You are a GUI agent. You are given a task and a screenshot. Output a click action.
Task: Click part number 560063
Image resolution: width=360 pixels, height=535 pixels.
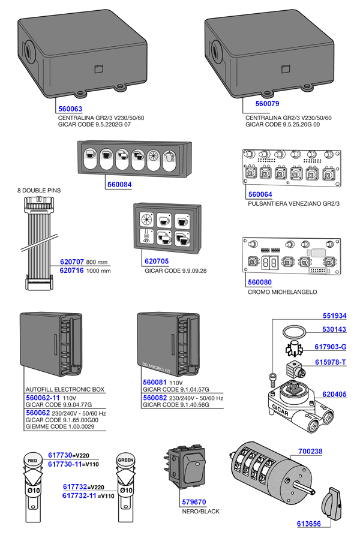click(70, 109)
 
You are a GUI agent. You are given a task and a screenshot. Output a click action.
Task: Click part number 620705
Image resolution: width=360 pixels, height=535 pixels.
click(157, 262)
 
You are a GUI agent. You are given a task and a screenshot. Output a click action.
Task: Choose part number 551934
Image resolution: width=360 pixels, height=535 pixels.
click(335, 315)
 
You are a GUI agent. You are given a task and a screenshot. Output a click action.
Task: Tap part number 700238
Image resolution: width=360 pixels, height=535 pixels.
click(310, 452)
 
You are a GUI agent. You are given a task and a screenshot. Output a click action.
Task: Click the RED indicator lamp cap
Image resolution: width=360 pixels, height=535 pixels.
click(32, 461)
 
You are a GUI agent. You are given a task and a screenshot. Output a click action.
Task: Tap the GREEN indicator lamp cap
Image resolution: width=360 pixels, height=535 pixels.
click(125, 461)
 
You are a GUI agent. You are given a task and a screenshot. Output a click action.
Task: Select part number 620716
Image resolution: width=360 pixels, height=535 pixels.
click(72, 270)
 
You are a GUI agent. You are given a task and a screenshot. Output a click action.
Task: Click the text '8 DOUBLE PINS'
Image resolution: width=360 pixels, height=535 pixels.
click(40, 191)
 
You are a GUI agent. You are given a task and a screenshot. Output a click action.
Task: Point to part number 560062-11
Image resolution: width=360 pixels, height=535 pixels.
click(42, 398)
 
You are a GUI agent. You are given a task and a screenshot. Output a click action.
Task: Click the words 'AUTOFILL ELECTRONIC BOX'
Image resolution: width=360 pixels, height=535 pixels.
click(65, 389)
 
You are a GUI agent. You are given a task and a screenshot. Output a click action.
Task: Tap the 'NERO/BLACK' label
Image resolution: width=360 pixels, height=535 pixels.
click(200, 512)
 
